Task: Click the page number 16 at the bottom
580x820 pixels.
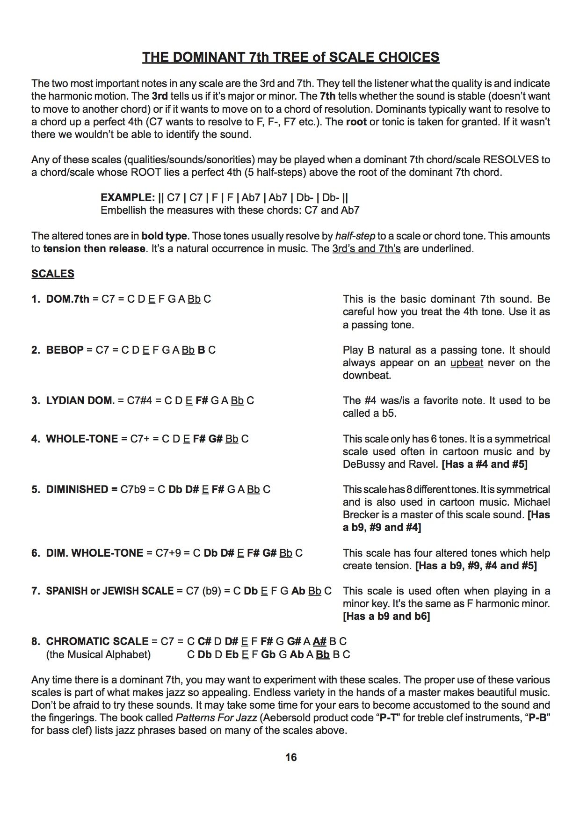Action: pyautogui.click(x=290, y=757)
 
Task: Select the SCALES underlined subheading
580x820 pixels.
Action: pyautogui.click(x=53, y=274)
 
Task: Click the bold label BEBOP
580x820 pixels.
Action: pyautogui.click(x=65, y=350)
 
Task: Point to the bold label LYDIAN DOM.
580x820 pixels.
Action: pyautogui.click(x=80, y=400)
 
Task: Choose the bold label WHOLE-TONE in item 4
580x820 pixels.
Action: pyautogui.click(x=82, y=439)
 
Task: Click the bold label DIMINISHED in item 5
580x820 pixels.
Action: pyautogui.click(x=77, y=489)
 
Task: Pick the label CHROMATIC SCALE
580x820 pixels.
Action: pyautogui.click(x=97, y=641)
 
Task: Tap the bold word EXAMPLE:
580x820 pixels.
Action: pyautogui.click(x=128, y=197)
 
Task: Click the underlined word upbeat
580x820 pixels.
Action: pyautogui.click(x=466, y=363)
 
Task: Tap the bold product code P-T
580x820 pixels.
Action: pyautogui.click(x=388, y=718)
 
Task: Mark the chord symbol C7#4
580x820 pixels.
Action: pyautogui.click(x=139, y=400)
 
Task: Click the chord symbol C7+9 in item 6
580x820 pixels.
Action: pyautogui.click(x=168, y=553)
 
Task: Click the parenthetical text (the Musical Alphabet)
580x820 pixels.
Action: pyautogui.click(x=98, y=654)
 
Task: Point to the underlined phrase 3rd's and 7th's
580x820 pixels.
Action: pyautogui.click(x=366, y=248)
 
